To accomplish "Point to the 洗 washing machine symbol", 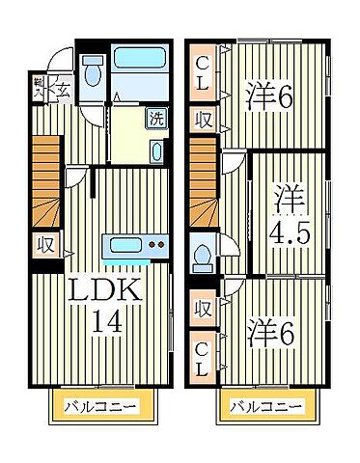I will [155, 121].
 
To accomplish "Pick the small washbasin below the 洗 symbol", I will [157, 150].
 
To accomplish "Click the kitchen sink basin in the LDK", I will [124, 244].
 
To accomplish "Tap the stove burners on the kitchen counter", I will [155, 245].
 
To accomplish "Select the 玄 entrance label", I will [60, 92].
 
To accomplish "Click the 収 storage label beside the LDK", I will [43, 244].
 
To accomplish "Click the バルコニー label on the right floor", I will [263, 406].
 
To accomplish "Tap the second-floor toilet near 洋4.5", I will [203, 256].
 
